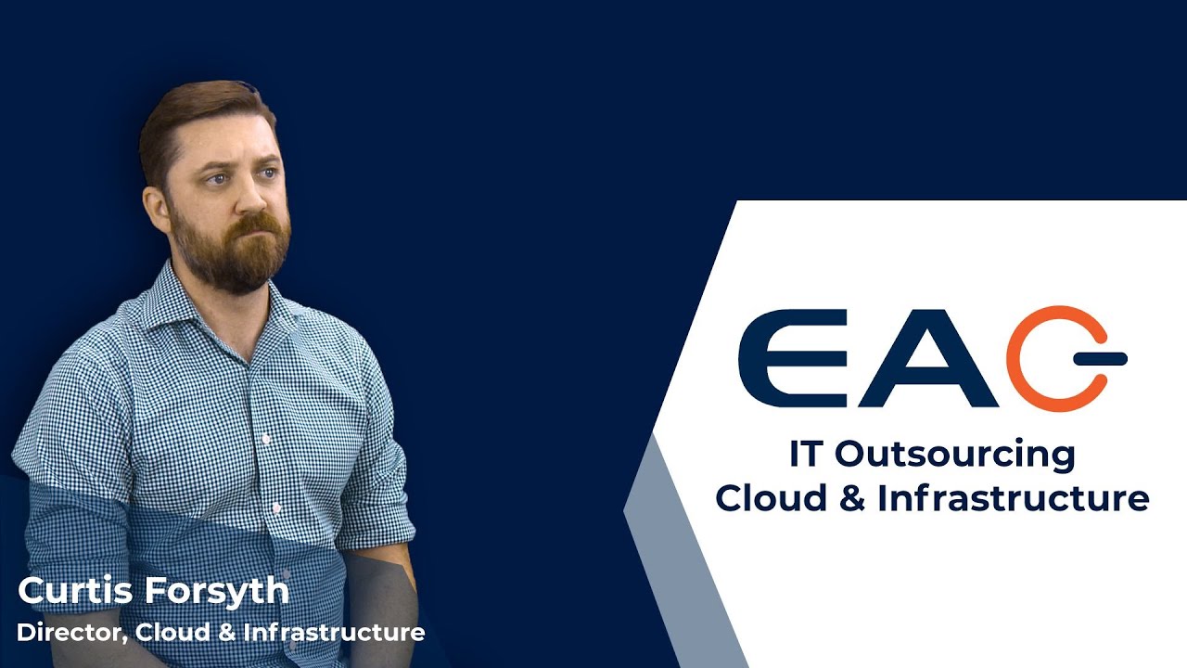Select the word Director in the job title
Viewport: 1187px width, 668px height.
(x=71, y=633)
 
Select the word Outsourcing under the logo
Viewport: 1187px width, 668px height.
(x=954, y=455)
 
